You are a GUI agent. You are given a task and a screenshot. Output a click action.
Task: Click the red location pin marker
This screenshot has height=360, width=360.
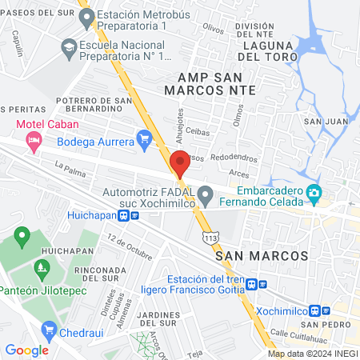click(x=181, y=163)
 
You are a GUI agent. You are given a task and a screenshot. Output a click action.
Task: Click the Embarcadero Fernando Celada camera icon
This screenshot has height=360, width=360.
click(x=314, y=192)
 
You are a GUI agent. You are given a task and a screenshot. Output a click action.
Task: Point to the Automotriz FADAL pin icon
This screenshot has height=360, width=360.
click(x=206, y=193)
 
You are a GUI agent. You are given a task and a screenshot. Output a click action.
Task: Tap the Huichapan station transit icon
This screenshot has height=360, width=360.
click(x=124, y=215)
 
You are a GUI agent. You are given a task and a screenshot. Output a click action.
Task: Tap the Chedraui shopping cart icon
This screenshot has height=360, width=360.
click(x=50, y=329)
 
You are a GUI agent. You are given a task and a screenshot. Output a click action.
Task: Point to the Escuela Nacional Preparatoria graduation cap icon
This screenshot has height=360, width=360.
click(x=68, y=49)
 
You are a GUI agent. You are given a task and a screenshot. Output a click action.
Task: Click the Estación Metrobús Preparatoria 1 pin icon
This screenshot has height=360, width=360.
click(x=87, y=16)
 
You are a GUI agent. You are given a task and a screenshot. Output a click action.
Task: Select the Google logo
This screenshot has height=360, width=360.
click(x=26, y=350)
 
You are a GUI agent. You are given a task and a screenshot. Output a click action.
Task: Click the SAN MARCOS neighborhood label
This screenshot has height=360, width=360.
click(x=262, y=254)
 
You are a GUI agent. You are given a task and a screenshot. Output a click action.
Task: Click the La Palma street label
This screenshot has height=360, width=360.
click(x=70, y=166)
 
